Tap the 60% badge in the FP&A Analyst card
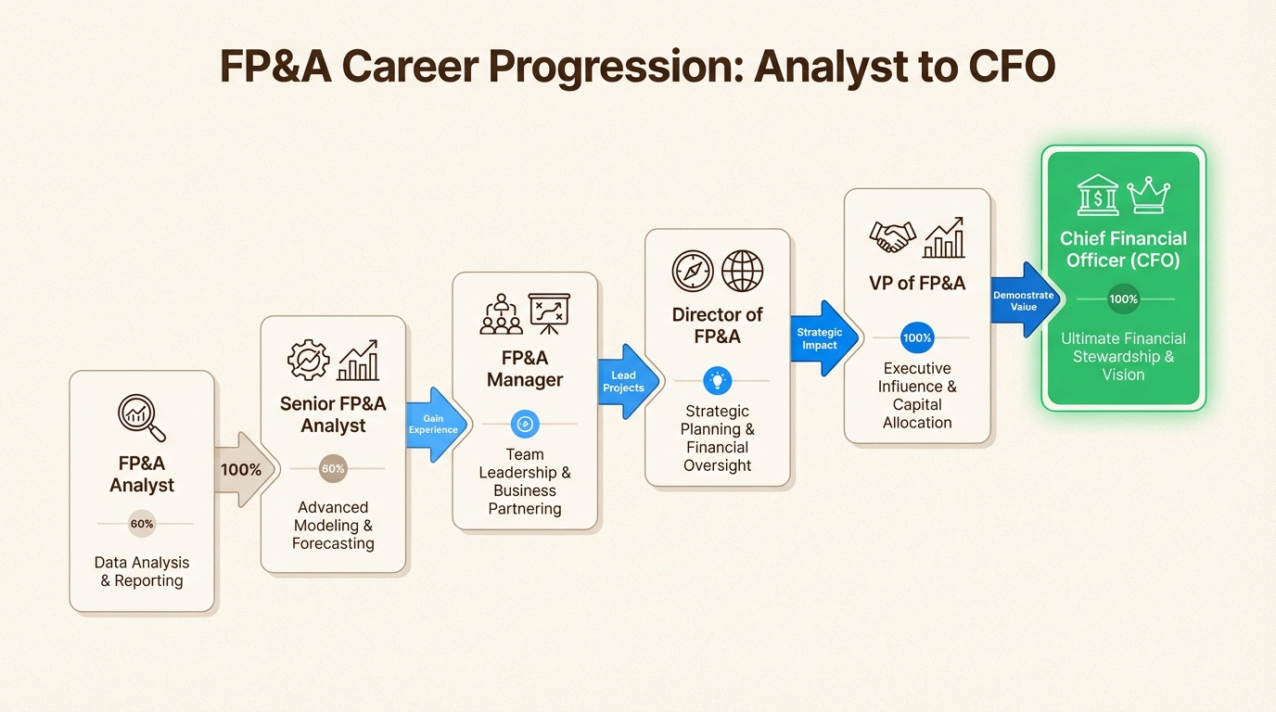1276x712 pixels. pos(142,524)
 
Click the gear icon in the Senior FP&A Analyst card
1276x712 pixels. pos(308,360)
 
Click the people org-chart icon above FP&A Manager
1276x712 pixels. pos(501,314)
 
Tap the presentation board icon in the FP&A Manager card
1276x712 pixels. pos(549,313)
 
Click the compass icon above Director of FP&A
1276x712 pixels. pos(693,271)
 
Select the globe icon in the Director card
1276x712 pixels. pos(742,271)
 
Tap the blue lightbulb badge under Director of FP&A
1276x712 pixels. pos(718,380)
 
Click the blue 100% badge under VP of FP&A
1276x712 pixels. pos(917,337)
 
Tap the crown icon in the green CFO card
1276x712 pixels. pos(1148,196)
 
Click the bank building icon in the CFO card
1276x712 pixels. pos(1098,196)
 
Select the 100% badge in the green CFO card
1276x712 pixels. pos(1123,299)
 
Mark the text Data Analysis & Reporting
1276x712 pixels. pos(142,572)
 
